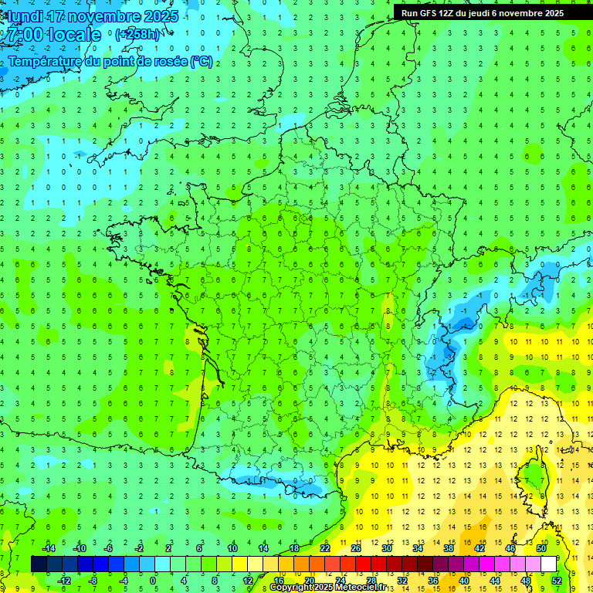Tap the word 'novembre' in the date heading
[x=107, y=16]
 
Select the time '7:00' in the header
[x=24, y=35]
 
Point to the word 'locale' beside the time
[x=74, y=35]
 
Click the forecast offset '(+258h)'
[x=139, y=35]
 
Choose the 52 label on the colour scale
[x=557, y=581]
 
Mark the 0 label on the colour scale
[x=154, y=581]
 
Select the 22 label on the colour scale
[x=325, y=548]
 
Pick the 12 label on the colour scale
[x=247, y=581]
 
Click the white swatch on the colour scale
[x=548, y=564]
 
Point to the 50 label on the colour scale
[x=541, y=548]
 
